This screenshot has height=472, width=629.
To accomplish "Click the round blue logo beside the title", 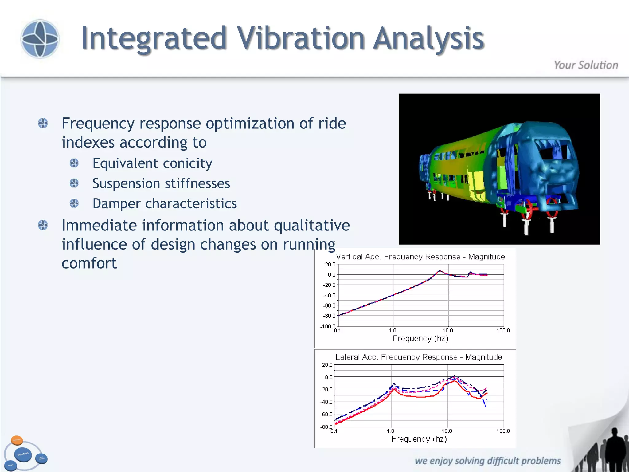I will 40,39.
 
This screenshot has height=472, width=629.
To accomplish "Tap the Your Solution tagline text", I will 586,65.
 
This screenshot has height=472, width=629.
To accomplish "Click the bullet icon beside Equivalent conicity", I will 74,163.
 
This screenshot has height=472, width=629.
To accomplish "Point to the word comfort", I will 89,263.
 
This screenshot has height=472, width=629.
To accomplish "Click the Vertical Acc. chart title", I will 420,257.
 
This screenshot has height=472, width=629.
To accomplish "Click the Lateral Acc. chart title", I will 418,357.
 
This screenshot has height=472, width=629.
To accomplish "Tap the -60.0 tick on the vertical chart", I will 329,306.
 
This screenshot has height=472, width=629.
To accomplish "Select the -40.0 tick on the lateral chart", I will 326,402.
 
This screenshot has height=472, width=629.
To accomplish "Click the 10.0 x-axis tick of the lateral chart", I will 447,431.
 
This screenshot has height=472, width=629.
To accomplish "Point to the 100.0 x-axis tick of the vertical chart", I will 503,331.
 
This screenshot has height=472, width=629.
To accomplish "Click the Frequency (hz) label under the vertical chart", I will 420,339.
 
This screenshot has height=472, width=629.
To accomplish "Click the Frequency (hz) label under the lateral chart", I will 419,439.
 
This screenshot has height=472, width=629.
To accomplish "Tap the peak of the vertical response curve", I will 440,271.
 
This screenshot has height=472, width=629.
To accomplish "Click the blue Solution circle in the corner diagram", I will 23,454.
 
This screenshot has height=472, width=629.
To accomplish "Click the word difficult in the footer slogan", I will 503,461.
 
